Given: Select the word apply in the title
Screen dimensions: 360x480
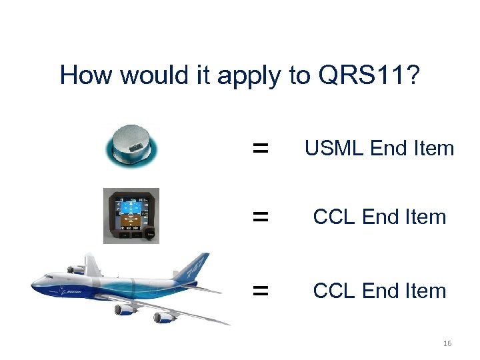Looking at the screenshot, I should tap(251, 76).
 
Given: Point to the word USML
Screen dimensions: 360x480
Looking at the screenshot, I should tap(335, 148).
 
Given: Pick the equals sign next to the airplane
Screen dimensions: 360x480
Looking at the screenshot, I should tap(260, 291).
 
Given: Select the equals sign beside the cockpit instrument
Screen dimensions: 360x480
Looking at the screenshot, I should tap(260, 217).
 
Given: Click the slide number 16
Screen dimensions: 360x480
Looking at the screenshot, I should tap(447, 343).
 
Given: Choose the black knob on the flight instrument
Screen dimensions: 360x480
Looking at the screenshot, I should tap(151, 234).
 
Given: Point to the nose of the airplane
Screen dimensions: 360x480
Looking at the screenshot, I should tap(35, 287).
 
